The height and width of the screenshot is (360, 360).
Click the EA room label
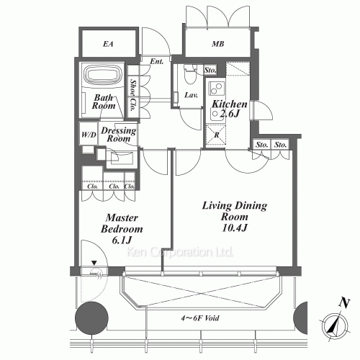pos(108,44)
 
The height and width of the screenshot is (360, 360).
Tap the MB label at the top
pos(218,44)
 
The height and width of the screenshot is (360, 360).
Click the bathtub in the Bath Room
pos(103,74)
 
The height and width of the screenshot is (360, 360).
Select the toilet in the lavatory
pos(191,74)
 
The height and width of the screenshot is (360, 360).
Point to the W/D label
pos(89,135)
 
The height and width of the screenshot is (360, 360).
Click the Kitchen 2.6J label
pos(229,109)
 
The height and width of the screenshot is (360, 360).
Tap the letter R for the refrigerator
pos(217,135)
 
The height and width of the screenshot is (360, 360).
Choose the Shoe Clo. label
pos(132,95)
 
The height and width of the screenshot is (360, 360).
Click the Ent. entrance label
pos(157,61)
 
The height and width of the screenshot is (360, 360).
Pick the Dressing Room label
pos(119,134)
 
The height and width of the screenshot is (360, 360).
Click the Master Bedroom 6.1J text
pos(122,229)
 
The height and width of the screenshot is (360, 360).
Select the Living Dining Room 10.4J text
pos(235,217)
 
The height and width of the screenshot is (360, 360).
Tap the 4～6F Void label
pos(200,318)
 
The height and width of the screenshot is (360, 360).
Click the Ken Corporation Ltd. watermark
pos(180,252)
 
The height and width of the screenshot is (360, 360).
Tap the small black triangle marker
pos(94,263)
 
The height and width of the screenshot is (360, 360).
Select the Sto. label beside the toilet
pos(210,70)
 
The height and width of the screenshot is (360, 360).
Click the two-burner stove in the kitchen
pos(217,88)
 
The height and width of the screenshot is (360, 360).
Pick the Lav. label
pos(191,95)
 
